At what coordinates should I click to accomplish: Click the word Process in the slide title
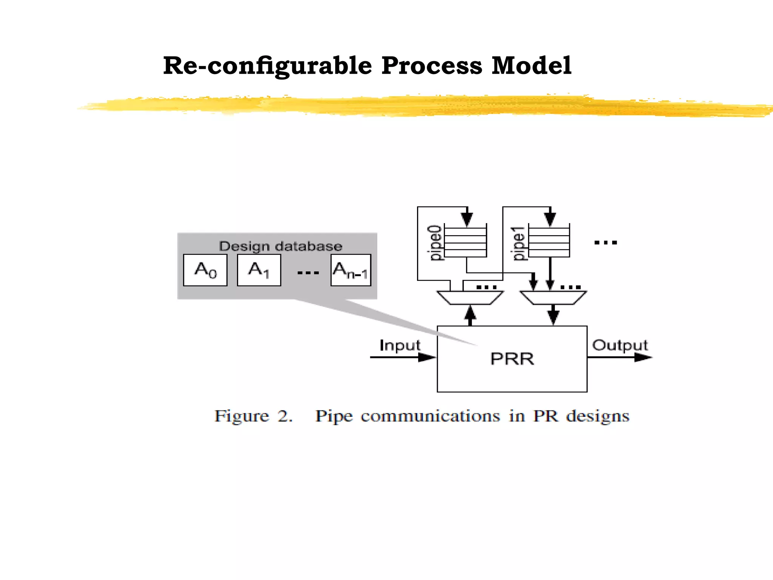pyautogui.click(x=431, y=66)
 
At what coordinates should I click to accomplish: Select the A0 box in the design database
pyautogui.click(x=205, y=270)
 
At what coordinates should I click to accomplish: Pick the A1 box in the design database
pyautogui.click(x=259, y=270)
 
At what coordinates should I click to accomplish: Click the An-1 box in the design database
pyautogui.click(x=351, y=270)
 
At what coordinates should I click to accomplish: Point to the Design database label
pyautogui.click(x=280, y=246)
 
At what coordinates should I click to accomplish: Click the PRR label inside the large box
pyautogui.click(x=512, y=359)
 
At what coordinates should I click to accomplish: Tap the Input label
pyautogui.click(x=400, y=345)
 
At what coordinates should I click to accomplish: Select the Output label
pyautogui.click(x=620, y=345)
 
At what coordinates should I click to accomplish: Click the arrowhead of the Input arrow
pyautogui.click(x=427, y=357)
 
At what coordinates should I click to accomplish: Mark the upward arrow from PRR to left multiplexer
pyautogui.click(x=470, y=315)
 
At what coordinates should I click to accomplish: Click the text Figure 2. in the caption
pyautogui.click(x=253, y=416)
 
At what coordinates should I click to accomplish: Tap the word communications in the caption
pyautogui.click(x=430, y=416)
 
